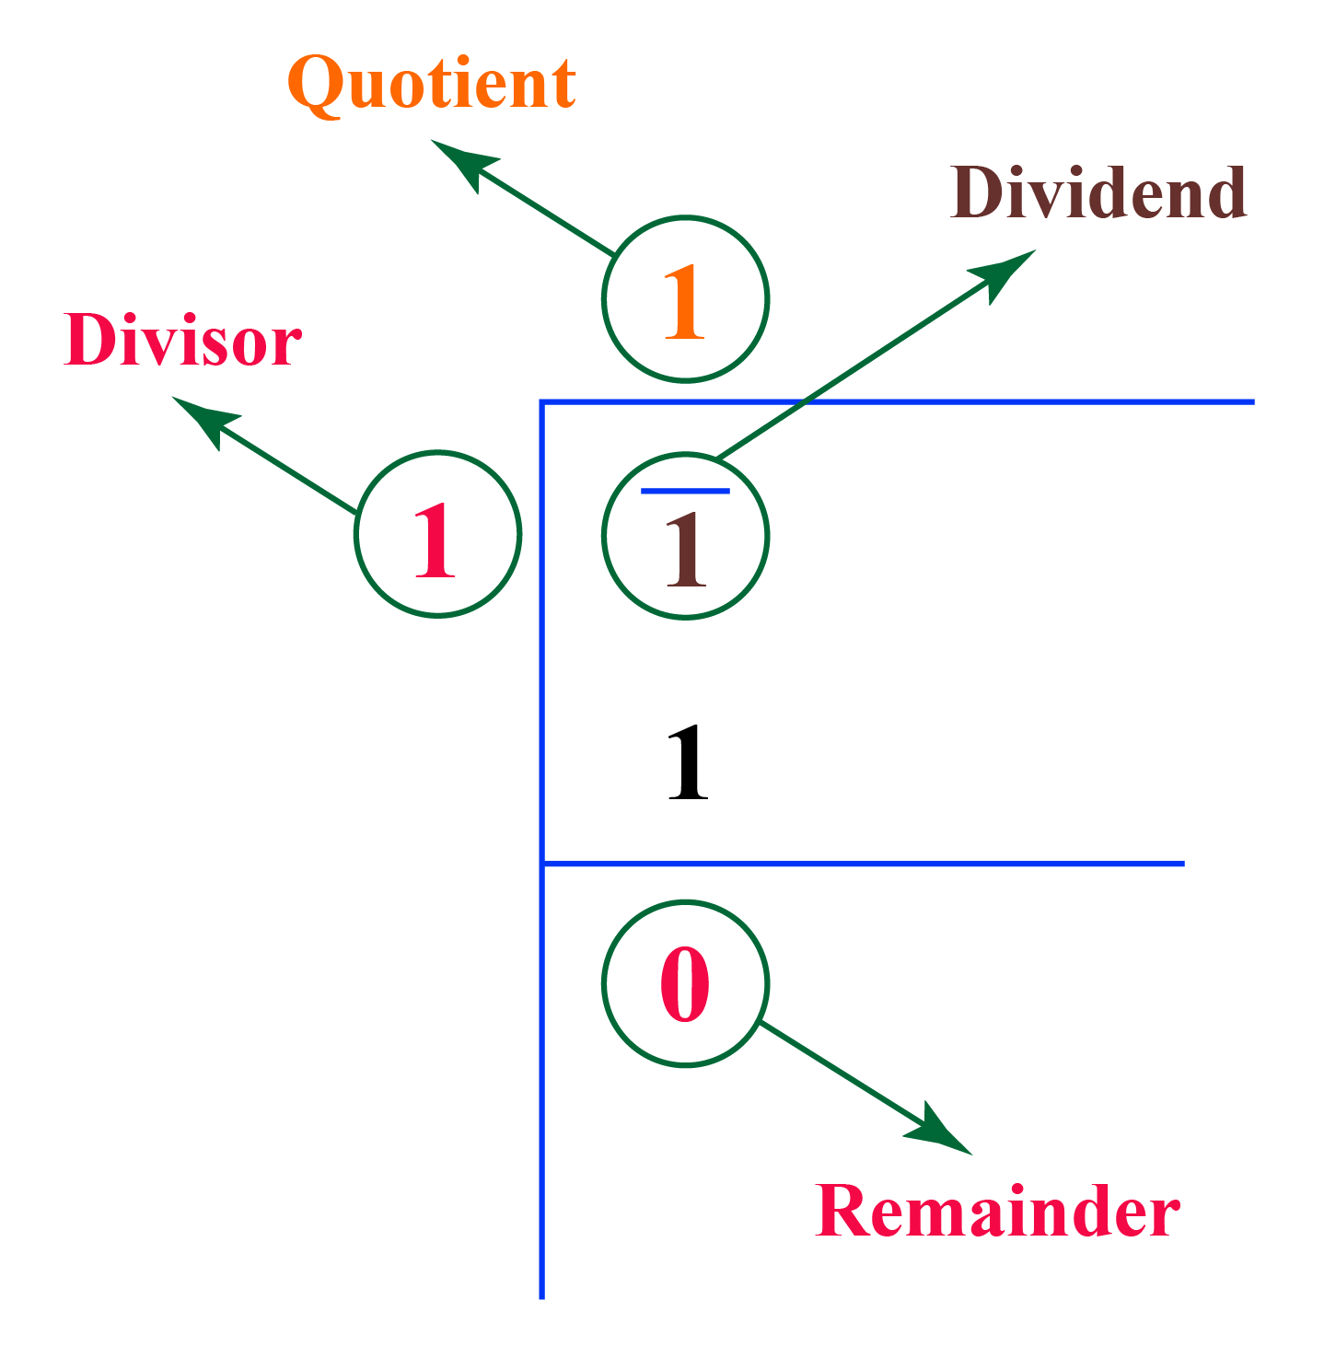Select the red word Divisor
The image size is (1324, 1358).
click(x=182, y=341)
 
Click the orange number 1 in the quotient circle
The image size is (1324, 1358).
click(x=684, y=302)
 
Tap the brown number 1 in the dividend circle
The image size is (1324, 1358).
click(x=686, y=550)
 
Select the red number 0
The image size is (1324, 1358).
click(x=685, y=984)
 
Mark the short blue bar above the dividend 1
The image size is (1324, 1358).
click(x=685, y=491)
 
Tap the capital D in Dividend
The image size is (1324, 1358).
click(x=980, y=193)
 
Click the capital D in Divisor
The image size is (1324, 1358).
click(x=89, y=340)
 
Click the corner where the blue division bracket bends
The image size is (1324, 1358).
click(x=542, y=402)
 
